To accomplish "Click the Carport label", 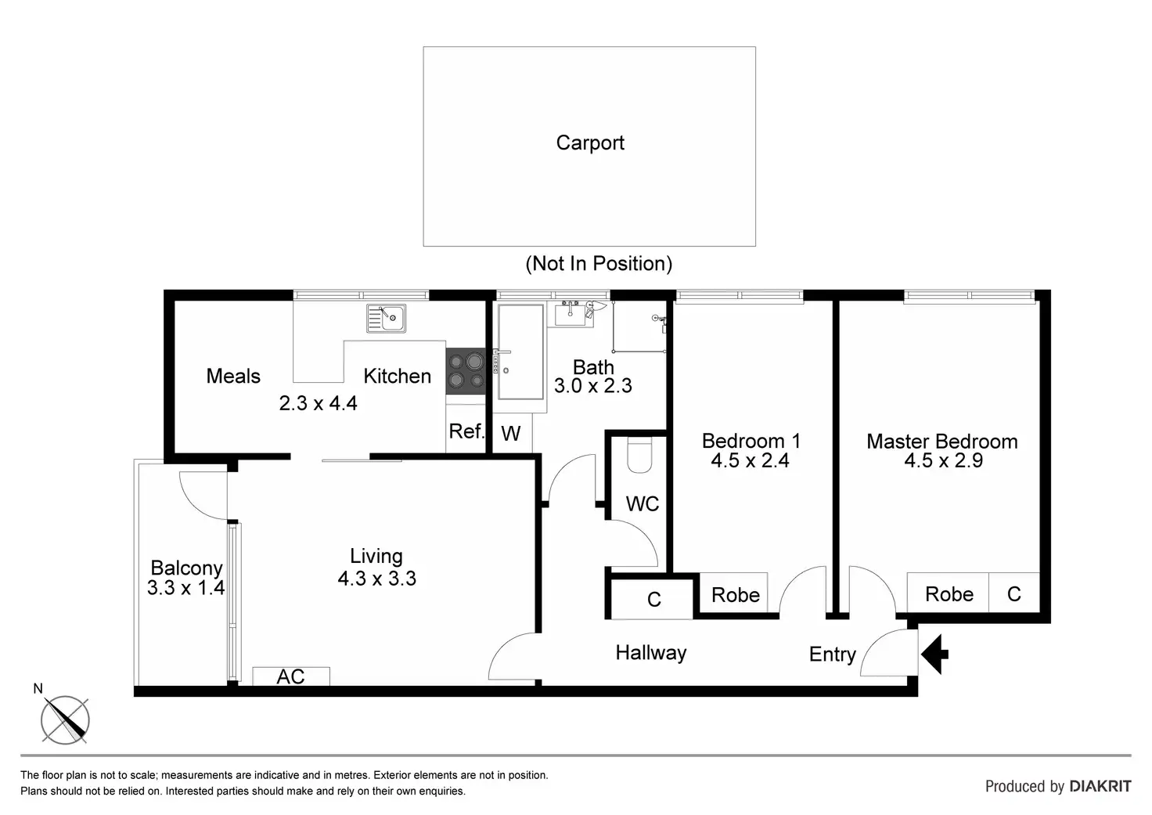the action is [x=590, y=143].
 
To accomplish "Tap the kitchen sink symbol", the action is [x=385, y=318].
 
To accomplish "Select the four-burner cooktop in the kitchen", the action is [x=466, y=371].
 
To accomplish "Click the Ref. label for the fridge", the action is [x=466, y=431].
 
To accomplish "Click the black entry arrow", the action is [x=934, y=655].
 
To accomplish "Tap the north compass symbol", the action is [x=64, y=718].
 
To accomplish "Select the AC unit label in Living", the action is [x=290, y=676].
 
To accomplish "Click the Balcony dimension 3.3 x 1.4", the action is [x=186, y=587].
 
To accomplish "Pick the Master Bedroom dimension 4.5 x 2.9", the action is [x=943, y=460].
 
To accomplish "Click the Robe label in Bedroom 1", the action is [x=735, y=595].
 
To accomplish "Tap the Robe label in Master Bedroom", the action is [x=949, y=594].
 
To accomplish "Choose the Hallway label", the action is [x=650, y=653].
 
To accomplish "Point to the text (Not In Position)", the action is [x=599, y=264].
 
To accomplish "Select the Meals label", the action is [x=233, y=376].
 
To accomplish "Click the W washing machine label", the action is [x=511, y=434].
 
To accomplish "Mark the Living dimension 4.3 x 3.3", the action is [x=376, y=579].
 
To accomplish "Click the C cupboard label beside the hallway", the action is [x=654, y=600].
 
